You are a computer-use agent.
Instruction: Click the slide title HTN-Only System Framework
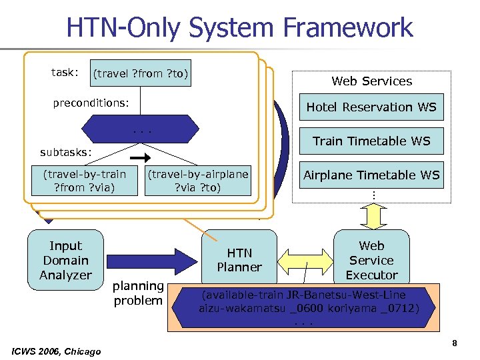click(x=239, y=27)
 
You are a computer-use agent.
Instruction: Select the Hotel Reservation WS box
click(x=371, y=107)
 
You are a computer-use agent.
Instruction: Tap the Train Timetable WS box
click(x=371, y=141)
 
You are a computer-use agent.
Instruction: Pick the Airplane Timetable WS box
click(x=371, y=175)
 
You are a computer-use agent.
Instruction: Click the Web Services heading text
click(x=371, y=81)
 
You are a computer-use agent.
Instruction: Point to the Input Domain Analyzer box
click(x=65, y=260)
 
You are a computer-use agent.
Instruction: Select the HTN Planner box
click(x=239, y=260)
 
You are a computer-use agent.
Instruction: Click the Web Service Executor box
click(x=371, y=260)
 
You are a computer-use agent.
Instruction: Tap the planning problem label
click(x=138, y=293)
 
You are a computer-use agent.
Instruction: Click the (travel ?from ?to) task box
click(x=141, y=73)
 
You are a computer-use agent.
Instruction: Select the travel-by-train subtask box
click(x=84, y=181)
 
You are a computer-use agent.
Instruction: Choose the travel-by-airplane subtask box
click(x=198, y=181)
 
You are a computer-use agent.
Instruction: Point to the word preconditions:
click(x=91, y=103)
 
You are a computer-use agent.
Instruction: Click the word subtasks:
click(x=67, y=152)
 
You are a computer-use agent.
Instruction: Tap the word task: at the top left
click(x=65, y=72)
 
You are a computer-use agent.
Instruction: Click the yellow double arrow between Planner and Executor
click(x=304, y=260)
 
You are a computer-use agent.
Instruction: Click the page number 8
click(x=454, y=343)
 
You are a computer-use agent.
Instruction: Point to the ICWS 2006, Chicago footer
click(x=57, y=351)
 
